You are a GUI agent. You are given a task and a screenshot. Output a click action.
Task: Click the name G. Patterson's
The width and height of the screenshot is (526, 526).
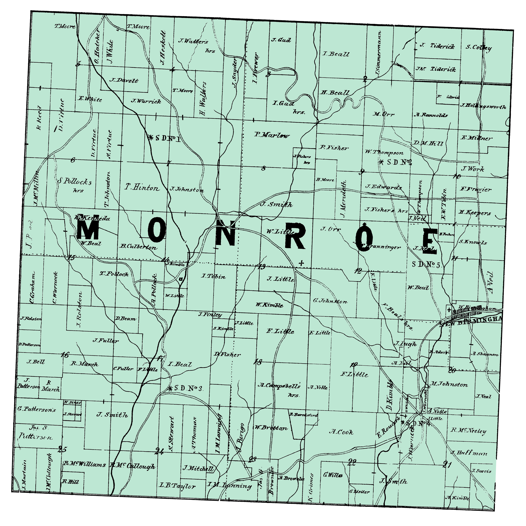(36, 409)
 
